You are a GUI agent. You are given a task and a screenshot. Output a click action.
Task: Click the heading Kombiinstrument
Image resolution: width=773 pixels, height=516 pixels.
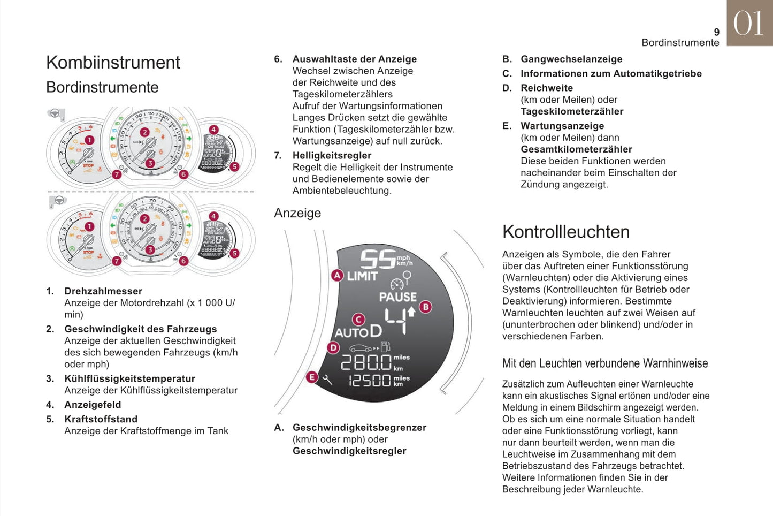coord(113,63)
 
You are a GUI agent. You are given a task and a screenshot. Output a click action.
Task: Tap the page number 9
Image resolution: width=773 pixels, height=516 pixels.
coord(716,32)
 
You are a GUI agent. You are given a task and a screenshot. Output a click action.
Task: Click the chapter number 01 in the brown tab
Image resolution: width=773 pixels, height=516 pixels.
coord(748,24)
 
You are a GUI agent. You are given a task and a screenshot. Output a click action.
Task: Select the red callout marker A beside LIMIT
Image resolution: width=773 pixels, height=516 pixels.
coord(337,276)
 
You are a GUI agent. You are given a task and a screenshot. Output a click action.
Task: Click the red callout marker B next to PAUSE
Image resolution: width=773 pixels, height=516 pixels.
coord(426,307)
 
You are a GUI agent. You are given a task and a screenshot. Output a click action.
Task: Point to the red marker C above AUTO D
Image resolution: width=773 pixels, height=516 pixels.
coord(358,320)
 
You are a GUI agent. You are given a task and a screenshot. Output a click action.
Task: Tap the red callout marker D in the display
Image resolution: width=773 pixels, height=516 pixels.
coord(333,348)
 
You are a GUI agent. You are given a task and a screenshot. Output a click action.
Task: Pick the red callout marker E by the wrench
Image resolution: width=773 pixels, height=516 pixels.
coord(312,377)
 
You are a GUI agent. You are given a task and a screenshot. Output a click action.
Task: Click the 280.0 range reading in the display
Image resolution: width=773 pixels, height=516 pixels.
coord(366,363)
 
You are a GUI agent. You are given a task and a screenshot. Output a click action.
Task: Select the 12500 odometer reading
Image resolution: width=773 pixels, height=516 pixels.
coord(370,381)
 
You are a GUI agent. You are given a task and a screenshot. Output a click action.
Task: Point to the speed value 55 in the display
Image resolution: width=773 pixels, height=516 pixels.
coord(377,260)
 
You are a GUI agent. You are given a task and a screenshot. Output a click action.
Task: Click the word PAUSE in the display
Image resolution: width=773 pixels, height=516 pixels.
coord(397,297)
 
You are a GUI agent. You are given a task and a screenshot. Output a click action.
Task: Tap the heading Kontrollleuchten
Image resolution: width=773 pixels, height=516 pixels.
coord(565,232)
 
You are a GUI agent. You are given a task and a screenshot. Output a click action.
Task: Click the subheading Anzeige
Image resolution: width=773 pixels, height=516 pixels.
coord(297,213)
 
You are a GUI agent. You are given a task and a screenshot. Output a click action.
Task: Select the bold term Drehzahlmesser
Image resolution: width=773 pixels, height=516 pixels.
coord(103,291)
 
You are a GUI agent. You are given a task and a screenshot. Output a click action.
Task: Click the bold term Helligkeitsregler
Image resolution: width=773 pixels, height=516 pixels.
coord(332,155)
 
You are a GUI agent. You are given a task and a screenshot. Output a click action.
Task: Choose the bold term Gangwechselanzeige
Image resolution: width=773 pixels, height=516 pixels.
coord(571,59)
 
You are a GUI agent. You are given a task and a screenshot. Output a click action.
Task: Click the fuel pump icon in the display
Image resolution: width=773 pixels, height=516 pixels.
coord(385,347)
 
